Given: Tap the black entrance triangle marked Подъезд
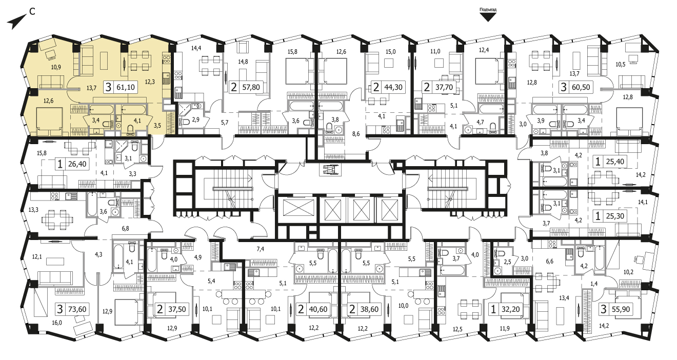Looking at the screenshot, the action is coord(488,17).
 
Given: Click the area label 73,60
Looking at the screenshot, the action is coord(77,309).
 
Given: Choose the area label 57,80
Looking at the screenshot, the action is coord(251,87).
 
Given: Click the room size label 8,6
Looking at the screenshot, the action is coord(356,134).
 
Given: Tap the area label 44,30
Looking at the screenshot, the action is coord(393,87).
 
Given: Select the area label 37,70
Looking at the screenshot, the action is coord(444,87).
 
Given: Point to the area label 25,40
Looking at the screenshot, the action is coord(615,162).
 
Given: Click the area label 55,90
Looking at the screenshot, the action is coord(621,309).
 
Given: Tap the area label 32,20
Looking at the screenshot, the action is coord(511,309).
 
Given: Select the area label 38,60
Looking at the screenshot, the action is coord(369,309).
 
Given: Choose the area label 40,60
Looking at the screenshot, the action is coord(318,309).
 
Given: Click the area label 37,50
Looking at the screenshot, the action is coord(177,309).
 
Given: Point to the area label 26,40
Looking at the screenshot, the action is coord(77,164).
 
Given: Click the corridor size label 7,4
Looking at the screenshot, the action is coord(260,249).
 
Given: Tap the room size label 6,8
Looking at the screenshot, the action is coord(126,229).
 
